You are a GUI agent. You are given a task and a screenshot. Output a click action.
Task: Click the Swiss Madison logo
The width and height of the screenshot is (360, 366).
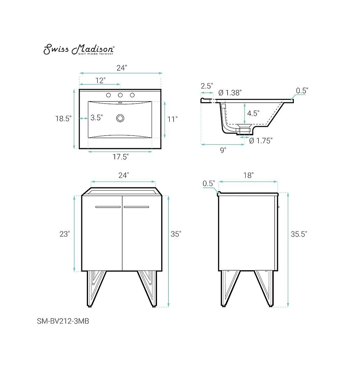click(x=79, y=49)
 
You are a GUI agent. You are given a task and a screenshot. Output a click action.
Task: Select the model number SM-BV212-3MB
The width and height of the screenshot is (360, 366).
click(x=61, y=321)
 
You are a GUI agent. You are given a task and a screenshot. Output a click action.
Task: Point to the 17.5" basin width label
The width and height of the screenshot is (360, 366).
click(x=121, y=157)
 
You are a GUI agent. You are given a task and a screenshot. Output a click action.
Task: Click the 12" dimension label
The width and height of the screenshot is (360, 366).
click(x=100, y=80)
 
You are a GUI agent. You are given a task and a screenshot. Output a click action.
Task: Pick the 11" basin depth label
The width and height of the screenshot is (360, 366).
click(x=172, y=119)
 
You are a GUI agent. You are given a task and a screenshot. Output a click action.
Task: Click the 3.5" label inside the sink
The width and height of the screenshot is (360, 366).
click(x=96, y=118)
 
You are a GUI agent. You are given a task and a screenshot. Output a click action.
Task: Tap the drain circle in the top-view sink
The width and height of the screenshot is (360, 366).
click(x=120, y=118)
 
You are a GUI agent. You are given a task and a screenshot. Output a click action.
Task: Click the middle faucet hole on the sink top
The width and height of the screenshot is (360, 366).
click(x=120, y=95)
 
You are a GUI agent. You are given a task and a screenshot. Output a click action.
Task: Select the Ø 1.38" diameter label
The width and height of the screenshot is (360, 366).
click(x=230, y=93)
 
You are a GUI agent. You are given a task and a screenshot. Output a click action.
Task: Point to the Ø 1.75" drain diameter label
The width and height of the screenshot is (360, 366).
click(x=261, y=140)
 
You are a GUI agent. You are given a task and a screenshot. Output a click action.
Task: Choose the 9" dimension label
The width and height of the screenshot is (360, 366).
click(x=223, y=150)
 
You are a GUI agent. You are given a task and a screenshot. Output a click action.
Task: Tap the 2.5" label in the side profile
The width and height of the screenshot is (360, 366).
click(x=207, y=85)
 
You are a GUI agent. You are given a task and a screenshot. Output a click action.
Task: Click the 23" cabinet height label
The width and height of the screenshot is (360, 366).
click(x=64, y=234)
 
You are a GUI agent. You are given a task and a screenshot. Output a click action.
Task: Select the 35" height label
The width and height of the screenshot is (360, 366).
click(x=175, y=234)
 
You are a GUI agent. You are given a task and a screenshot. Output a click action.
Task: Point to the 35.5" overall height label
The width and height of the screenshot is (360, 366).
click(x=298, y=234)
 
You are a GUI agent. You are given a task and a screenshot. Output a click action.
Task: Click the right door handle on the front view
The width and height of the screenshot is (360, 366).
click(x=136, y=207)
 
